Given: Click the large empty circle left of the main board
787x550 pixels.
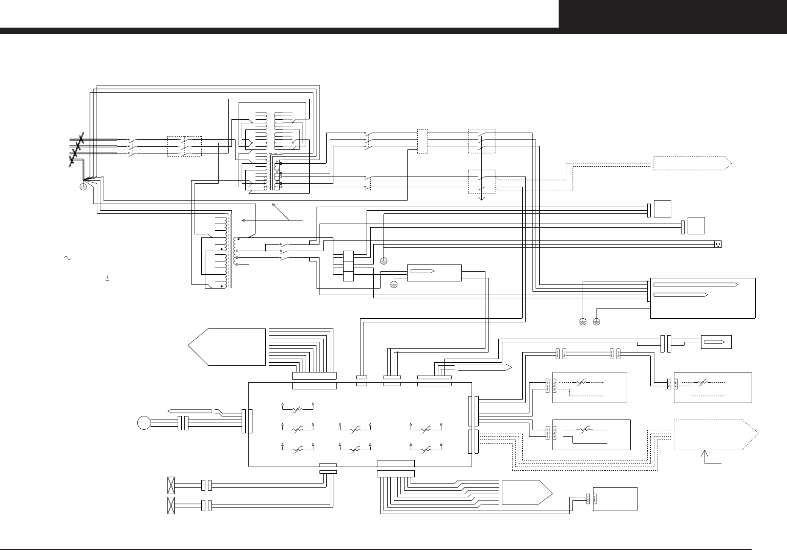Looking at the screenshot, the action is pos(144,423).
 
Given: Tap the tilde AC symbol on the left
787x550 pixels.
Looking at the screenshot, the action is pos(67,258).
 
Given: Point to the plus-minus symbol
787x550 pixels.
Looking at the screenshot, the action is pos(107,278).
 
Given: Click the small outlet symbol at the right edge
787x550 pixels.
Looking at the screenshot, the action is pos(718,244).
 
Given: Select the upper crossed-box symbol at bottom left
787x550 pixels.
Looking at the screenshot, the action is pos(172,484).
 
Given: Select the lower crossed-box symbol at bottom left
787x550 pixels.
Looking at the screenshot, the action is pos(172,505).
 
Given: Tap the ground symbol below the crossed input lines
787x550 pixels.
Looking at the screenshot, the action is pos(83,187).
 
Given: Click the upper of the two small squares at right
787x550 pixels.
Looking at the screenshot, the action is pos(663,209).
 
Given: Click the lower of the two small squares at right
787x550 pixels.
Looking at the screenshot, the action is pos(696,226).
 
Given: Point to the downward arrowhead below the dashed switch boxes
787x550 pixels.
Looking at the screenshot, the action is pos(481,198).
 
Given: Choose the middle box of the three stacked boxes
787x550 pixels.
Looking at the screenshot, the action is pos(348,266).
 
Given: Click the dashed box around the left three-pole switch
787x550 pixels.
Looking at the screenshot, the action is pos(185,146).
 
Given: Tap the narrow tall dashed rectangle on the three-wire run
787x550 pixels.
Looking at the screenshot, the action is pos(422,141).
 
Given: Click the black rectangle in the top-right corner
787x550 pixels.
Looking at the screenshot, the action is pos(672,14).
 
